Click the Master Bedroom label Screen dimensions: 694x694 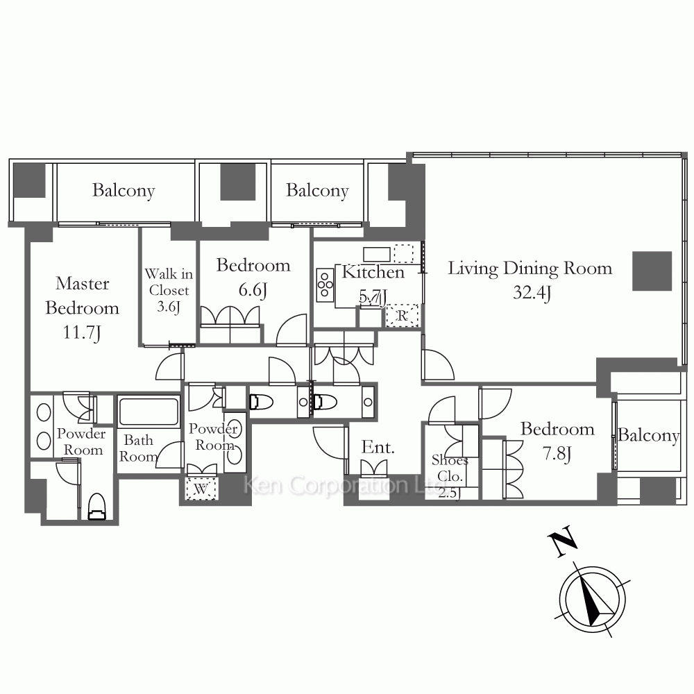click(x=83, y=295)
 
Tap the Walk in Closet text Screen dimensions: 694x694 click(x=169, y=282)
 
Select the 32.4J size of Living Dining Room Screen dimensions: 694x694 click(x=532, y=293)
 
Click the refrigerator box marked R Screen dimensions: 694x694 click(x=402, y=315)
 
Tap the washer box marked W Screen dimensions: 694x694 click(x=201, y=489)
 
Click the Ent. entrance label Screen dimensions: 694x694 click(x=378, y=447)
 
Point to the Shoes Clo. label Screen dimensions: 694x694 click(x=450, y=468)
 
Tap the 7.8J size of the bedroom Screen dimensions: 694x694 click(x=557, y=454)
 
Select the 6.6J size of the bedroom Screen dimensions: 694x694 click(x=253, y=290)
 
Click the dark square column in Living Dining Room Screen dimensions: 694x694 click(x=652, y=271)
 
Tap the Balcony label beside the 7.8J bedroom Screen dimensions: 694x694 click(x=648, y=436)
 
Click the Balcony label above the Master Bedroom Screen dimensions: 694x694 click(x=124, y=191)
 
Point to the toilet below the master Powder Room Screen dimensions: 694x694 click(x=97, y=507)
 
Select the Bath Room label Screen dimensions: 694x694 click(x=139, y=448)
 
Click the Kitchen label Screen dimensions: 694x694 click(x=373, y=272)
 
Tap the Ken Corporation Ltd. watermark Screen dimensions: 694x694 click(x=345, y=486)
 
